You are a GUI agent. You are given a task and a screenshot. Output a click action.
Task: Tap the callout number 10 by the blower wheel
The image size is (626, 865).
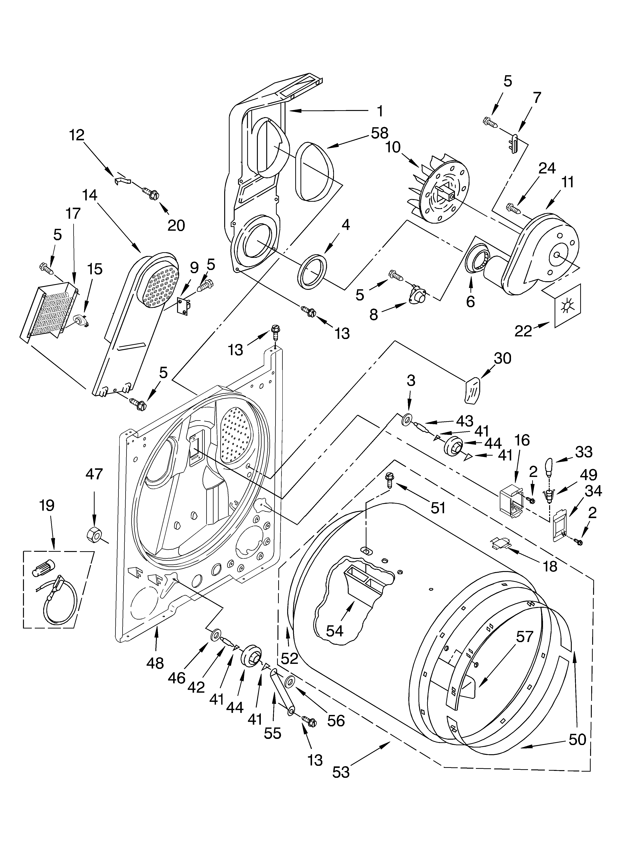[393, 147]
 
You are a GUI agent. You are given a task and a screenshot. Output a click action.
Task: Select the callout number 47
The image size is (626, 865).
[94, 474]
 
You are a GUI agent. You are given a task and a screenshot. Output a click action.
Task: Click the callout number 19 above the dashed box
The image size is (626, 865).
[47, 506]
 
